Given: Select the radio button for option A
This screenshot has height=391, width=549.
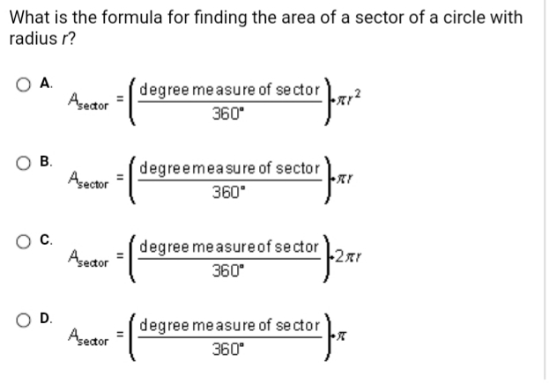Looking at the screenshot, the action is click(x=23, y=85).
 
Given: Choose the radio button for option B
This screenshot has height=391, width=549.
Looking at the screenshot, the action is click(x=23, y=163).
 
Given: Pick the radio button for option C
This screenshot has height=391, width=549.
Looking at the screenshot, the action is click(x=23, y=241).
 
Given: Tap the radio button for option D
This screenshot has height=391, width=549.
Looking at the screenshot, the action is click(x=23, y=320).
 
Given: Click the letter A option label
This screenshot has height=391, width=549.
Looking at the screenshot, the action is click(x=45, y=83).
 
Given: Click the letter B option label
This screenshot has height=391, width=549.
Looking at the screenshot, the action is click(x=45, y=161).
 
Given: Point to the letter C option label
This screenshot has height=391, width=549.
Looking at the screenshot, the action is click(x=45, y=240).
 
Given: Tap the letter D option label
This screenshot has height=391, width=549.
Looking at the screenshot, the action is click(x=45, y=318).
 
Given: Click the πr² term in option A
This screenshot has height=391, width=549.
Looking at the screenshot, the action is click(x=348, y=98).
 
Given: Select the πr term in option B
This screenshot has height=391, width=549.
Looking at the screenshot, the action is click(x=345, y=180).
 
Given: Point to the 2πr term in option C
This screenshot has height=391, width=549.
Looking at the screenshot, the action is click(x=348, y=257).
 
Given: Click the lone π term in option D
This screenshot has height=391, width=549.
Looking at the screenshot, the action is click(x=342, y=336).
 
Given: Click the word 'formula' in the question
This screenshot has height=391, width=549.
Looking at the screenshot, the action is click(x=132, y=18).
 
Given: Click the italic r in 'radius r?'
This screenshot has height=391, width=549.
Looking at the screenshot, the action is click(x=64, y=40).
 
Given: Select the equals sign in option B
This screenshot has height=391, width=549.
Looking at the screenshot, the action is click(x=120, y=178).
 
